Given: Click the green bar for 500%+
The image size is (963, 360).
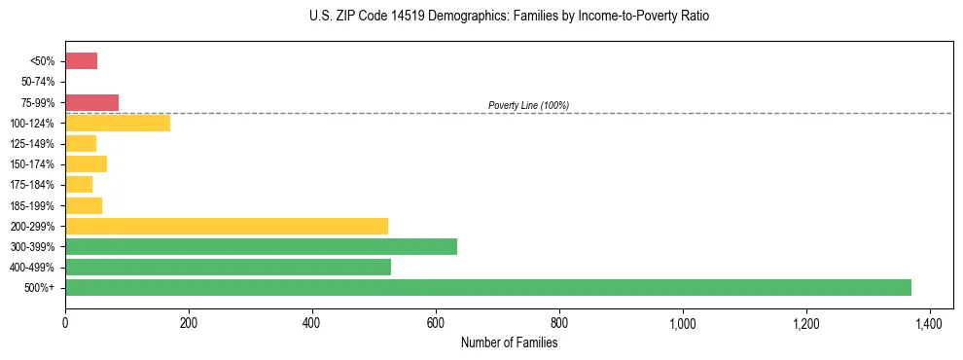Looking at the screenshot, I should coord(488,287).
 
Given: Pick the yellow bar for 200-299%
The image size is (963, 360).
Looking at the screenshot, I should coord(227,226).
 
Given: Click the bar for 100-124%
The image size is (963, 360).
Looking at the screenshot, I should coord(118,123).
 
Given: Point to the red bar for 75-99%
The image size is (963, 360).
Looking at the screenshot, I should coord(91,102).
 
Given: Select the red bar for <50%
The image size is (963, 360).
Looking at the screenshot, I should coord(81,61).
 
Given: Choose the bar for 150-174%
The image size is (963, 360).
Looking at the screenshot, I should coord(86,163).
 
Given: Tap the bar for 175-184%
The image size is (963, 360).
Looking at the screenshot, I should coord(79,184).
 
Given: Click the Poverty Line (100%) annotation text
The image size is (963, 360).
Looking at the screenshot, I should coord(528,105).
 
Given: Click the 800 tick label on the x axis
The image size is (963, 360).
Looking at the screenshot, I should coord(559,323).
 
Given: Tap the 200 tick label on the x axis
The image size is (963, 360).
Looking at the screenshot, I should coord(189,323).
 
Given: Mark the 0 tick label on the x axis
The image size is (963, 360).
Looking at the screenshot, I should coord(65,323).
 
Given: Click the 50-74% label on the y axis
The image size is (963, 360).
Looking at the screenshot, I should coord(37,82).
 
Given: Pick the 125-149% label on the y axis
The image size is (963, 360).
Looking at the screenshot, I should coord(32,143).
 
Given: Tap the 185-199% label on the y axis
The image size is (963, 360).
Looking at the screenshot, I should coord(32,205).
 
